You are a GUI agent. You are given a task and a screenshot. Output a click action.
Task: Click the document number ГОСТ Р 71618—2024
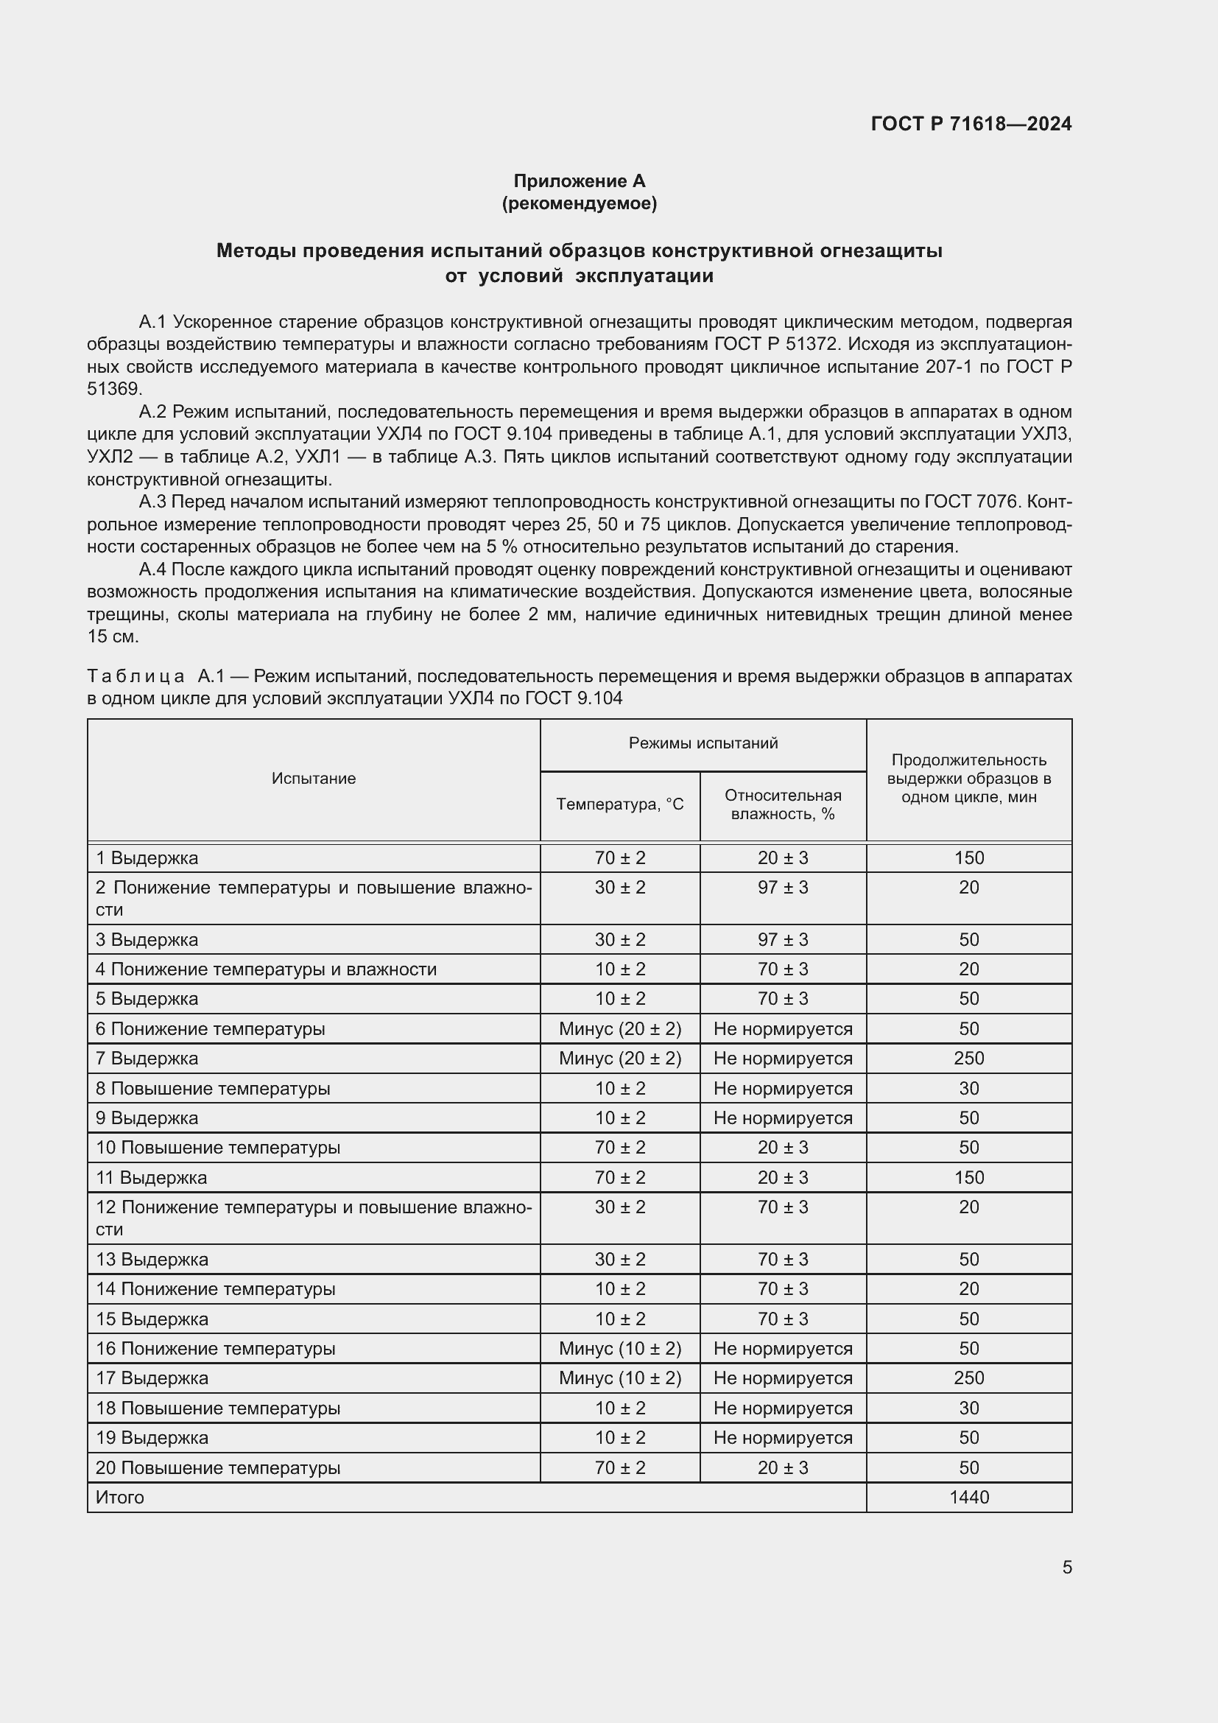tap(971, 124)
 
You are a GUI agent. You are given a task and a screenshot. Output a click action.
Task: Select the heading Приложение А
tap(579, 181)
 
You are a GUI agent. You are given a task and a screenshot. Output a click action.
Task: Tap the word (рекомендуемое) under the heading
tap(579, 203)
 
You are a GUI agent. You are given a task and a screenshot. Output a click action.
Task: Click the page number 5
tap(1066, 1567)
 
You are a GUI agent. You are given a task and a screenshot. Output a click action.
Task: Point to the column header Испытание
tap(314, 778)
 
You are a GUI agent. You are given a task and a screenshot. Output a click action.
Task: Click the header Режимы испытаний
tap(703, 743)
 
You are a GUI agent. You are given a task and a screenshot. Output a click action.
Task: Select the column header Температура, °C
tap(619, 804)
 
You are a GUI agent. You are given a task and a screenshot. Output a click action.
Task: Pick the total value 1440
tap(968, 1497)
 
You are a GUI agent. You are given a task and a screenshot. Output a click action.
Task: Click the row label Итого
tap(120, 1497)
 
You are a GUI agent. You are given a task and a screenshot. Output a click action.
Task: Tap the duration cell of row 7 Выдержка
tap(968, 1058)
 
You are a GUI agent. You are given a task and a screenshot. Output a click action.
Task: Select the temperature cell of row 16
tap(619, 1349)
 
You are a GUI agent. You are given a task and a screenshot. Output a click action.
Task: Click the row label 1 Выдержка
tap(147, 857)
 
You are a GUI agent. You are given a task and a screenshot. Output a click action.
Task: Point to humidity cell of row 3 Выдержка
tap(782, 939)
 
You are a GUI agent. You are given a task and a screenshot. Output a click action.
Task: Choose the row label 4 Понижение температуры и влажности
tap(266, 969)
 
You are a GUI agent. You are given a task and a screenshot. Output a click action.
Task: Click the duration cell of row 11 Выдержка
tap(968, 1177)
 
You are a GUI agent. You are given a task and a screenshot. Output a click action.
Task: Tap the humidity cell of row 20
tap(782, 1467)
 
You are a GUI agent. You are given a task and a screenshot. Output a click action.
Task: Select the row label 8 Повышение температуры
tap(213, 1088)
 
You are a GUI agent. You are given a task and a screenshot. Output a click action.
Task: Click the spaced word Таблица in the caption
tap(135, 676)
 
